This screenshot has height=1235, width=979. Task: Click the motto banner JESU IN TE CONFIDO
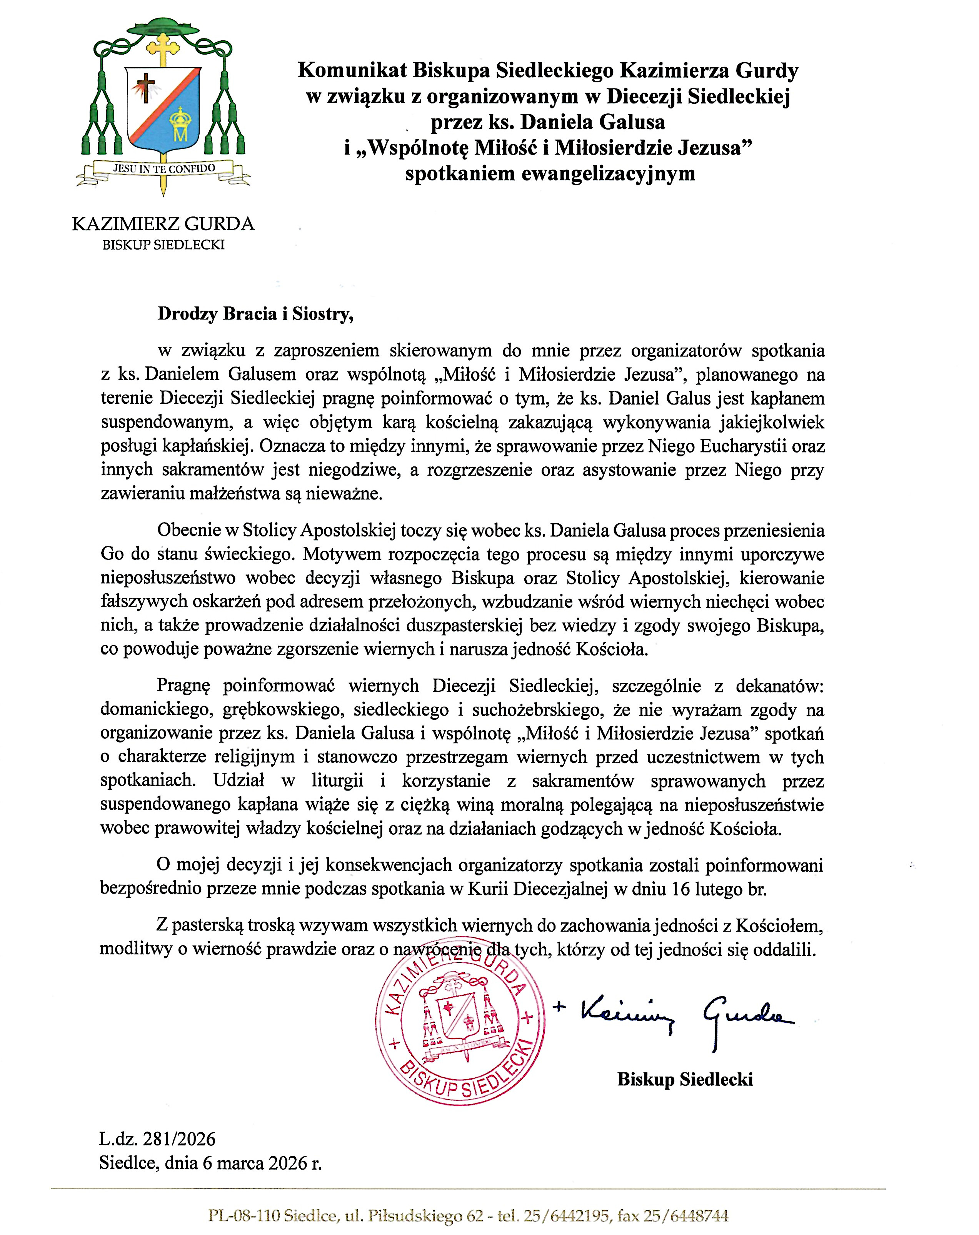pos(164,168)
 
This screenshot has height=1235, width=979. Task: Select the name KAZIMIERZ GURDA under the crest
pos(163,223)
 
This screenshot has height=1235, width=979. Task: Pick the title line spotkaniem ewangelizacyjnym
pos(550,173)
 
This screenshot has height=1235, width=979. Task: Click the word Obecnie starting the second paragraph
pos(190,531)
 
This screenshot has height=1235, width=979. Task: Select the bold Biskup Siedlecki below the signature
pos(685,1080)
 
